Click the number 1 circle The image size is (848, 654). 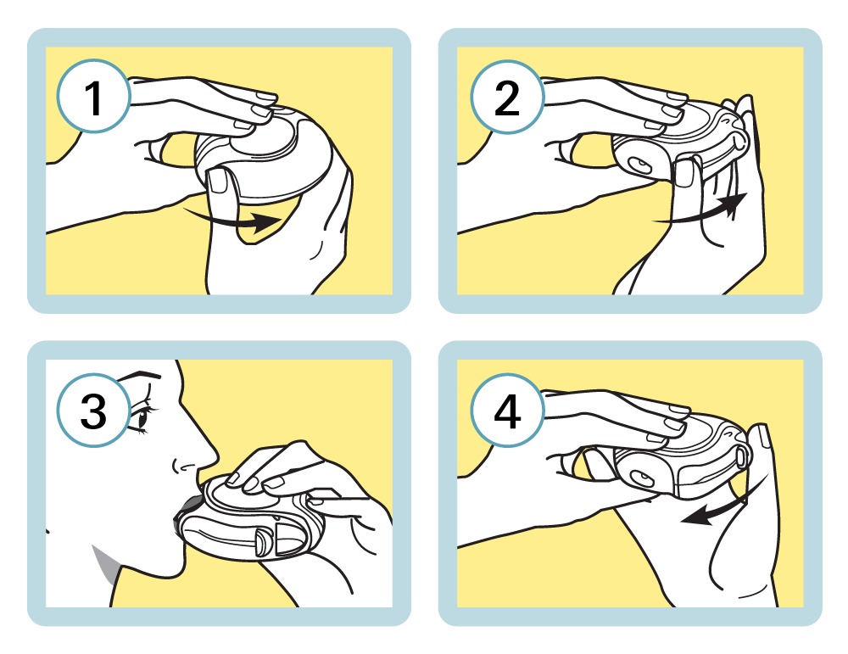coord(93,97)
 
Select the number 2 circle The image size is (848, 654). coord(507,97)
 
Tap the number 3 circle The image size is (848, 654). coord(93,410)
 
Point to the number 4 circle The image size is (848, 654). coord(507,410)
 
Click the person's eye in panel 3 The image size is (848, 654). coord(142,417)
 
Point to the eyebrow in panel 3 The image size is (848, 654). coord(140,374)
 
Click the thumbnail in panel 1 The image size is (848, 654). coord(219,181)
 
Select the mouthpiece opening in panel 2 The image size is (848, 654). coord(642,165)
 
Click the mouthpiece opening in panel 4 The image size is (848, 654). coord(643,478)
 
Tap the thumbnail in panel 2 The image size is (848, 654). coord(684,174)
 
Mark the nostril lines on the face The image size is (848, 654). coord(182,466)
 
